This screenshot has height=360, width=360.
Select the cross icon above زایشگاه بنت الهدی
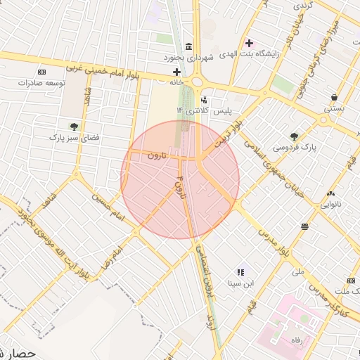click(x=249, y=43)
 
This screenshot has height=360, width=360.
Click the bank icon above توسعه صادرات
click(x=41, y=72)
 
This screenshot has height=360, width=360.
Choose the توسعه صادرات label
click(x=41, y=83)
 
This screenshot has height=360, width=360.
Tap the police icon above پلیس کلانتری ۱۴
click(x=204, y=101)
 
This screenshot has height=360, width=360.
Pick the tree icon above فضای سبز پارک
click(x=73, y=127)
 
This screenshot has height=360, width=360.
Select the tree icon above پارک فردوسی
click(x=294, y=136)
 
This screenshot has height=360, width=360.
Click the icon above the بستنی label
click(x=333, y=98)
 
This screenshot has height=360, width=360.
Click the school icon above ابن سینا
click(x=240, y=271)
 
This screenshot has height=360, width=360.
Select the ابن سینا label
click(x=239, y=284)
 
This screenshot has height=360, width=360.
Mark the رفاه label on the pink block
click(x=288, y=340)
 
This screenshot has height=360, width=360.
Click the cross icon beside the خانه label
click(x=176, y=72)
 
